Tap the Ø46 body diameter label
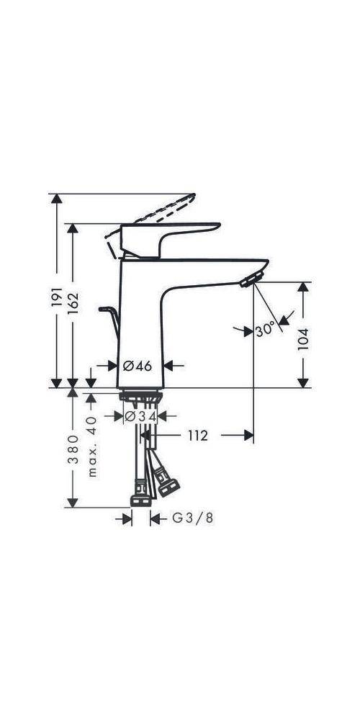click(138, 366)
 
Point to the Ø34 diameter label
click(140, 416)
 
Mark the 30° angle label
click(265, 329)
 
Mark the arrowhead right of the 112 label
click(246, 436)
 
